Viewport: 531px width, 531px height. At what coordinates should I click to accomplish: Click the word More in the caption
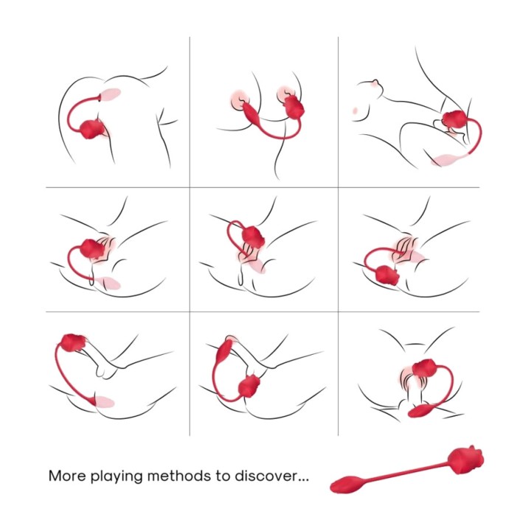67,476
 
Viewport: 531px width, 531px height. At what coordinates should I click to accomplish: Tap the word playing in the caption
117,477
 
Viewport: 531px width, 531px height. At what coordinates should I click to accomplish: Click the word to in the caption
223,476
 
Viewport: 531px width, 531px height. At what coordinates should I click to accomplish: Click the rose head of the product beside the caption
466,460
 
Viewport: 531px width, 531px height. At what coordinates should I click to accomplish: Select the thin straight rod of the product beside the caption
406,471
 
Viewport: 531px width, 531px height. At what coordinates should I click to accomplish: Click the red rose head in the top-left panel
93,130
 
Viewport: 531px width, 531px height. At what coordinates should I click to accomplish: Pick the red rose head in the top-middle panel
294,106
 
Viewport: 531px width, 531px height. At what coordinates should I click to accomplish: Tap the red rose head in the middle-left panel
92,249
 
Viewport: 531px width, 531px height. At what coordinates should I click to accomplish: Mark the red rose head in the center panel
253,237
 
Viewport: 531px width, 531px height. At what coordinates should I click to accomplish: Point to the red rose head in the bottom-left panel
72,342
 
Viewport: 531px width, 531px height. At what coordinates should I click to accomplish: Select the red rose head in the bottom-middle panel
249,387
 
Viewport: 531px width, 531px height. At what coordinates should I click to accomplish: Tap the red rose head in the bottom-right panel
425,369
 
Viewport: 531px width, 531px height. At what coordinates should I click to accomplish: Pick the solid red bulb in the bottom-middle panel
224,353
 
